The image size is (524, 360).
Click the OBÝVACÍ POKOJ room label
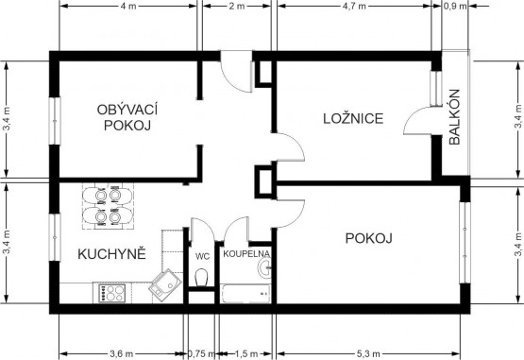coord(127,117)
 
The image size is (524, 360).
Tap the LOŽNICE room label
coord(353,119)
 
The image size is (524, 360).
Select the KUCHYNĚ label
coord(112,254)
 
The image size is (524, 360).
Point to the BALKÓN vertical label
coord(454,117)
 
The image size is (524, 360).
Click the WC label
coord(202,257)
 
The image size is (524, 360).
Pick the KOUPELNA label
coord(246,253)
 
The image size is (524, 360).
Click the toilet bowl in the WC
coord(201,277)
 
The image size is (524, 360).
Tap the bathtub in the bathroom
coord(246,294)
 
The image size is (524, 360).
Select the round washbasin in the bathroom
coord(264,268)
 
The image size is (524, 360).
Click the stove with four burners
coord(112,292)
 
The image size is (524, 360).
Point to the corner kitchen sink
coord(165,285)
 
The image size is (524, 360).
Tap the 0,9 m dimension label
coord(455,6)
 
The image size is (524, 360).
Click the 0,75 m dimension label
coord(201,353)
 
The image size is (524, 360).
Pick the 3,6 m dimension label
coord(121,353)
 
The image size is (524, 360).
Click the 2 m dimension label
coord(237,6)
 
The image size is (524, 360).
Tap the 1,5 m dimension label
coord(245,353)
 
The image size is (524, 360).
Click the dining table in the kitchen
coord(108,206)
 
